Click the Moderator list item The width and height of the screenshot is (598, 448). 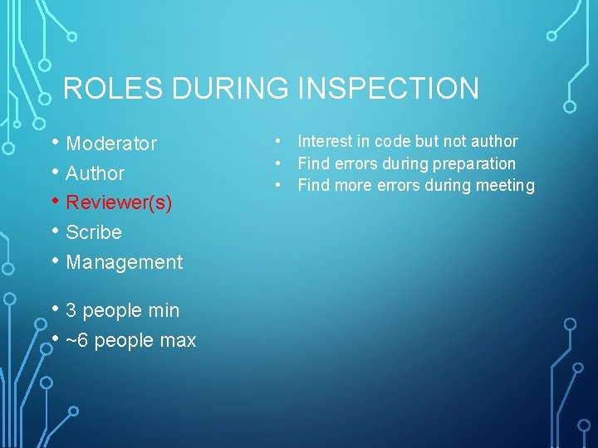pos(111,144)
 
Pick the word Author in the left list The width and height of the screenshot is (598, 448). pos(95,173)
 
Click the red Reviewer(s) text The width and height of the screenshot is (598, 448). pos(119,202)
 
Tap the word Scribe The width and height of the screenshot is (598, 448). pos(94,232)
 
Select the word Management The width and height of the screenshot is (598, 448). pos(124,262)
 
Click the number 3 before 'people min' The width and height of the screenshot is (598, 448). pos(71,310)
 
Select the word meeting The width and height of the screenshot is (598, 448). pos(503,185)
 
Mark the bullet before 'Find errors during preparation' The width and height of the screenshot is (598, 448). pos(283,163)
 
